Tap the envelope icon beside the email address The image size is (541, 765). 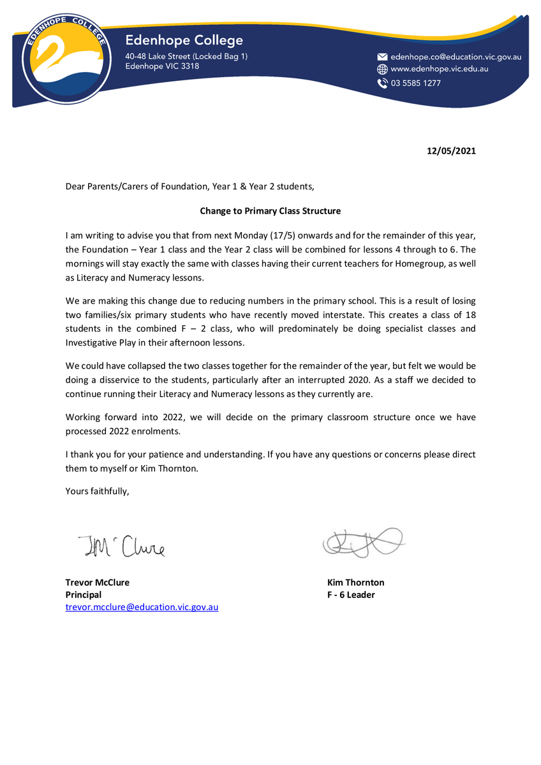click(x=383, y=57)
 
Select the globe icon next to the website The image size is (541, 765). click(x=383, y=69)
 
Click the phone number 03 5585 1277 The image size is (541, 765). click(x=415, y=83)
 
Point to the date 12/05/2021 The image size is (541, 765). click(x=451, y=151)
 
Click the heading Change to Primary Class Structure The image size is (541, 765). click(x=270, y=210)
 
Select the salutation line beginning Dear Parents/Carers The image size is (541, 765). click(x=190, y=187)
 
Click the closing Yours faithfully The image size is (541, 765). click(x=97, y=490)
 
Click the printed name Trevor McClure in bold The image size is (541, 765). click(x=98, y=582)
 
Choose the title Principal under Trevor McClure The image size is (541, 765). click(x=84, y=595)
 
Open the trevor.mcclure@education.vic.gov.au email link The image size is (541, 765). click(x=142, y=607)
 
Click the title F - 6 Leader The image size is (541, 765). click(x=351, y=595)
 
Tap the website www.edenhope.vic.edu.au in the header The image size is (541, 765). click(x=440, y=69)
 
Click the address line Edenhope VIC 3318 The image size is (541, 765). click(x=162, y=66)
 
